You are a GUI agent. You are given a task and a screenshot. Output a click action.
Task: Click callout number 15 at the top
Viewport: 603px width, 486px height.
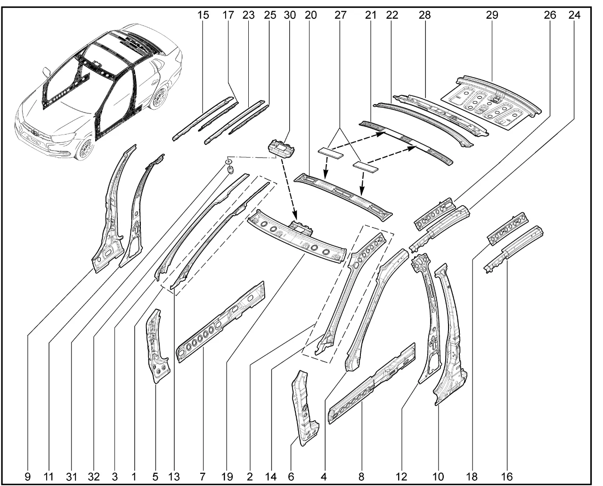203,15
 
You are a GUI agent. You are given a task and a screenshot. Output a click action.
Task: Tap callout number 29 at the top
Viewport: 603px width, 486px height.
492,15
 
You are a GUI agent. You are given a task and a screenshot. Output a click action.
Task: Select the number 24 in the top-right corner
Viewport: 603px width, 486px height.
574,15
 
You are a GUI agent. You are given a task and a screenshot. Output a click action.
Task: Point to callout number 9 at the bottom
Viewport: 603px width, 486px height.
28,477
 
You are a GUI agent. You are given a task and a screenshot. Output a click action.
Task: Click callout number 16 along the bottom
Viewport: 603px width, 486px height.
506,477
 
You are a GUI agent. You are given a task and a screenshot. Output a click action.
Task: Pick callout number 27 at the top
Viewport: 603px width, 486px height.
340,15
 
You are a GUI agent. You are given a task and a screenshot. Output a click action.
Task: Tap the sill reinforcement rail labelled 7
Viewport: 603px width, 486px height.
220,322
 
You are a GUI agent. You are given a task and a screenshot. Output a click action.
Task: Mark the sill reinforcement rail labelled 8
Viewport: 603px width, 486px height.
372,383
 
